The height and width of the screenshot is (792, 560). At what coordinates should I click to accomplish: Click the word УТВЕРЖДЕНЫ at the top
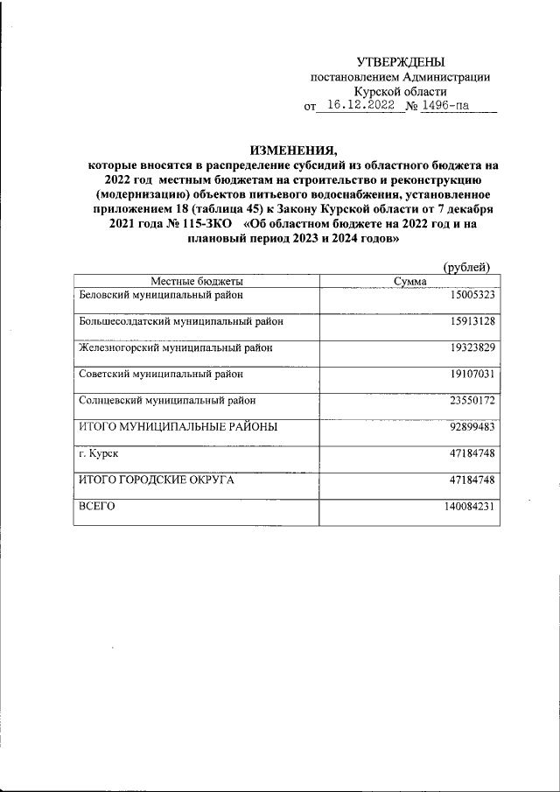(401, 61)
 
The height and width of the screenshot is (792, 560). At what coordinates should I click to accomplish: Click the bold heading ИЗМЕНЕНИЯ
(293, 149)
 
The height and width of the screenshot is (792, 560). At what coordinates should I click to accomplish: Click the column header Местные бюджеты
(196, 281)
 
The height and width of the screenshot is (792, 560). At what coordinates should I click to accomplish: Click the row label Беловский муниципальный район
(161, 295)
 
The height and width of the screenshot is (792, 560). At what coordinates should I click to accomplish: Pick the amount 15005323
(471, 295)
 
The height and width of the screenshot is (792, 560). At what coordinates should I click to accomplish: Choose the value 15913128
(471, 321)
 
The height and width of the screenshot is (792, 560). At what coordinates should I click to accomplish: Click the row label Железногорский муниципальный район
(175, 347)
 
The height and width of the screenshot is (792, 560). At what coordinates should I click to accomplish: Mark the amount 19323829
(471, 347)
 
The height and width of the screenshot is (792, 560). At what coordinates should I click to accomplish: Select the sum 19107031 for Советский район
(471, 374)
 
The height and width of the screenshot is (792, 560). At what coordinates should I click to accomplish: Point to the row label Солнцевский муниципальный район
(168, 400)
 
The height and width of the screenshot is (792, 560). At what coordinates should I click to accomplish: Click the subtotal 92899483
(471, 427)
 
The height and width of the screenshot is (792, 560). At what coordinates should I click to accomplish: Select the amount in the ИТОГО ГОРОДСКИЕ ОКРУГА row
(471, 480)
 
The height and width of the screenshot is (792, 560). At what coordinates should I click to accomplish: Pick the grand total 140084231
(468, 507)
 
